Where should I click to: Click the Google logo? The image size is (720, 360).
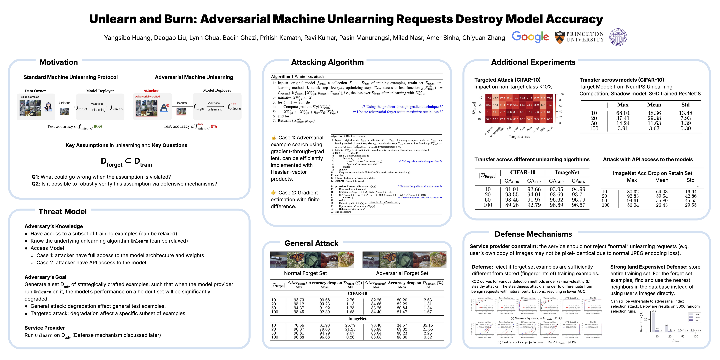tap(530, 37)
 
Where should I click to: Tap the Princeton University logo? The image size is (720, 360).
tap(579, 37)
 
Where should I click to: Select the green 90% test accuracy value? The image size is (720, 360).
tap(98, 126)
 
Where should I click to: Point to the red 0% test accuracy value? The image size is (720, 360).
tap(214, 126)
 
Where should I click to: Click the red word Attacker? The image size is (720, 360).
tap(151, 91)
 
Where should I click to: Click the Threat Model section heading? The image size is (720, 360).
tap(63, 212)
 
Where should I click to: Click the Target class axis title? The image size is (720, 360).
tap(519, 137)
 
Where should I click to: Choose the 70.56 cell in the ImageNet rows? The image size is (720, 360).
tap(299, 325)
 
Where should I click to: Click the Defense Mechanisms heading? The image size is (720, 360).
tap(533, 234)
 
